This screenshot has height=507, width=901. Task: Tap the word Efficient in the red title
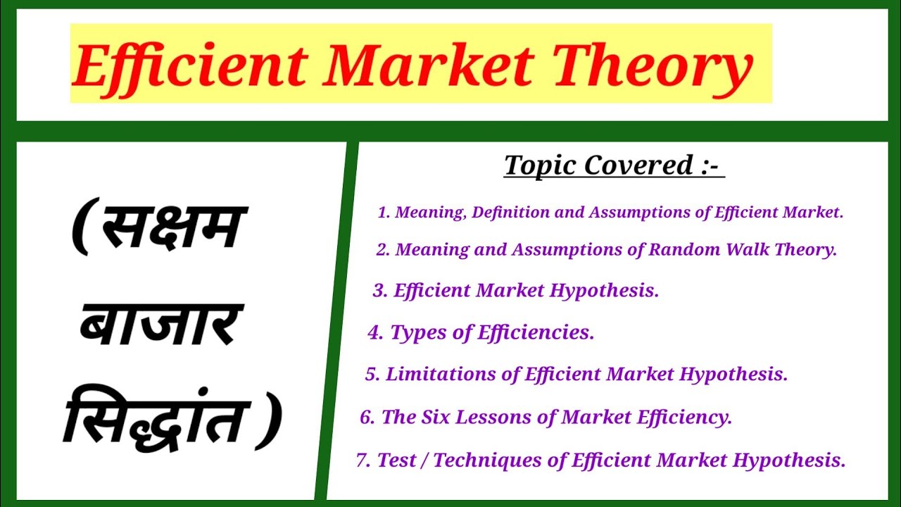point(190,65)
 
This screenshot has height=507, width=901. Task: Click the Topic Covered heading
point(613,165)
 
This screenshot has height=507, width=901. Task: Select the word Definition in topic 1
point(511,213)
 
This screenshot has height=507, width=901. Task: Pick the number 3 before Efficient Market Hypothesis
point(379,291)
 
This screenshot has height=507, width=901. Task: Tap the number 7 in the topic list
point(363,461)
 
